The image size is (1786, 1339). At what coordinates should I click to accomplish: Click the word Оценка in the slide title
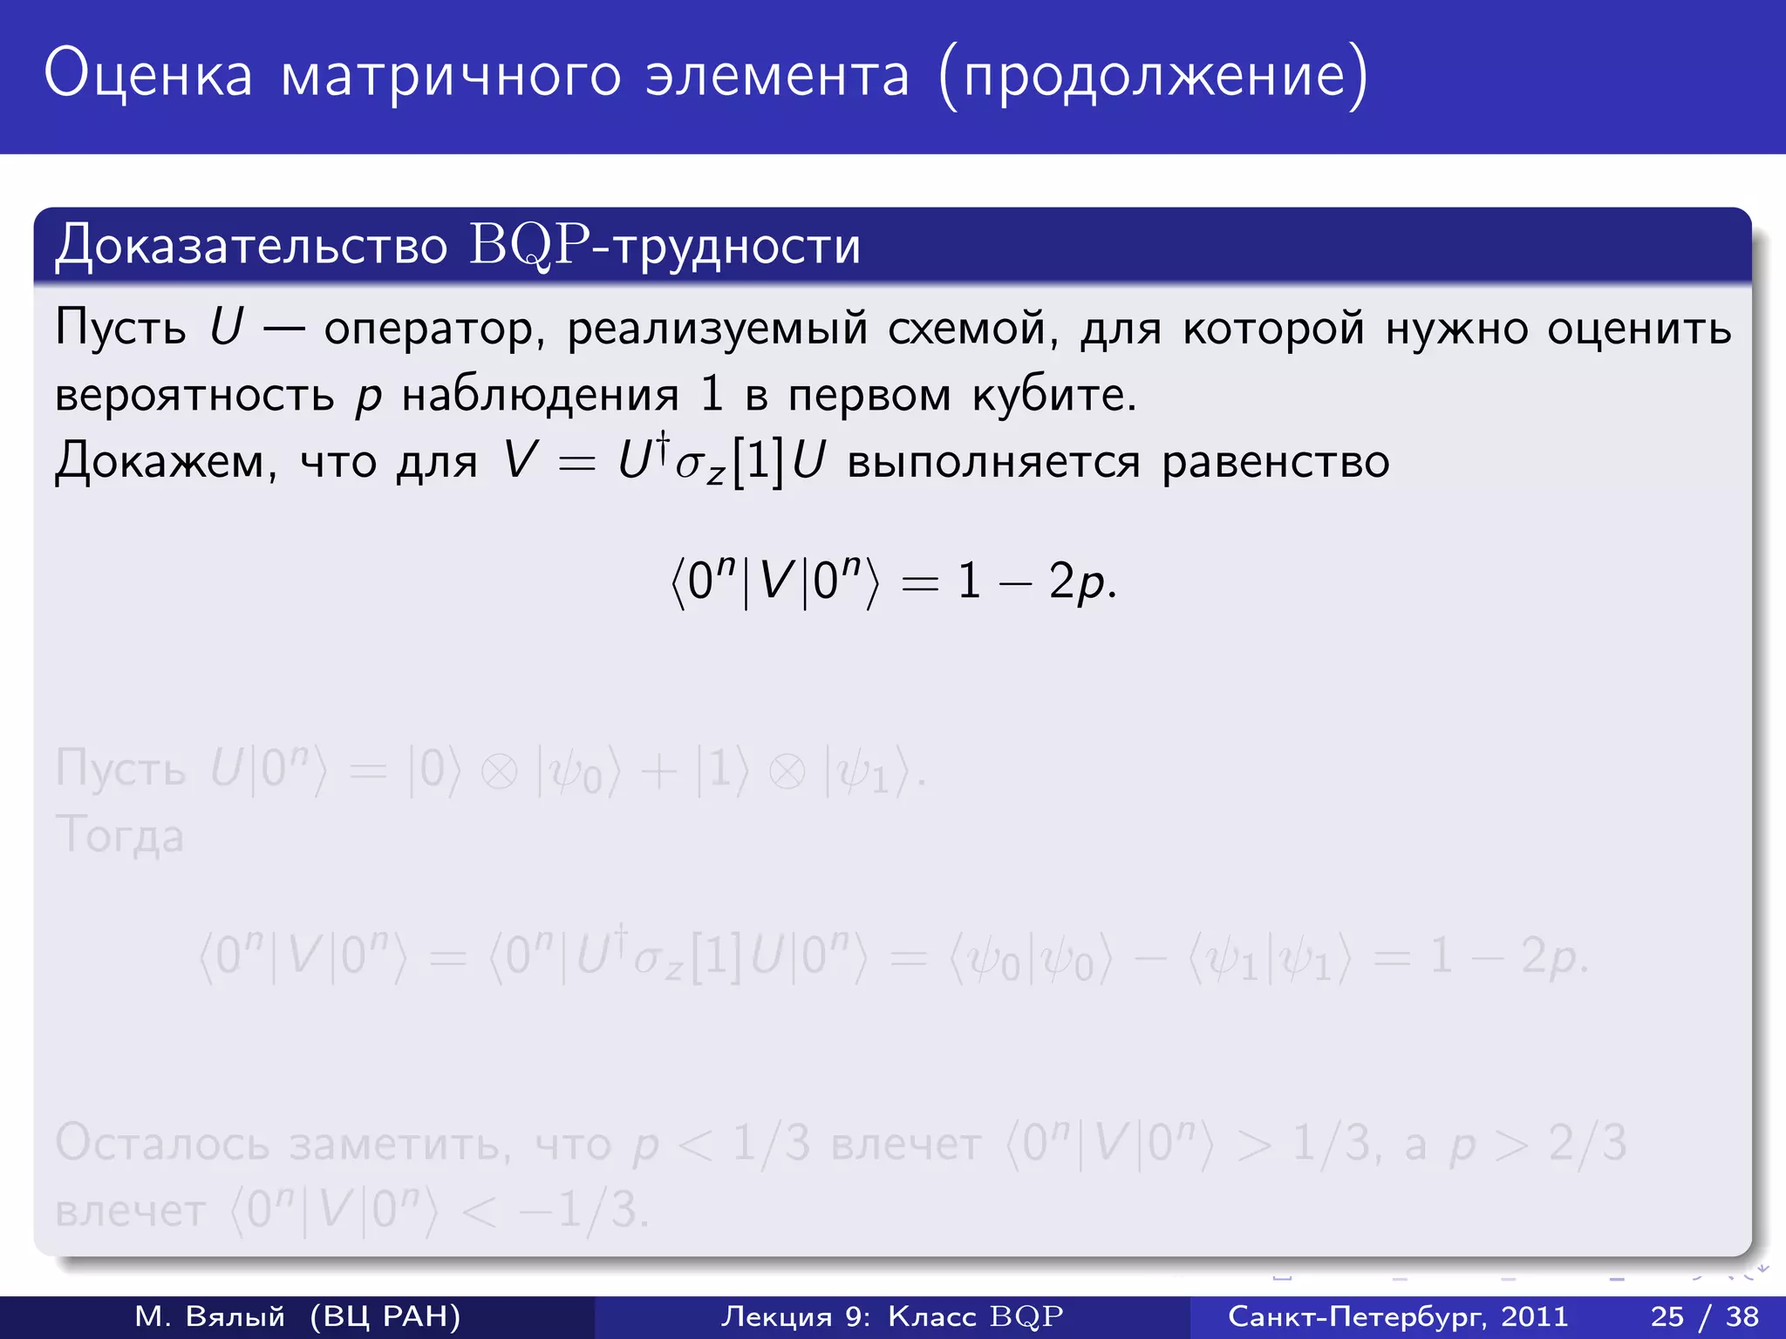pyautogui.click(x=148, y=75)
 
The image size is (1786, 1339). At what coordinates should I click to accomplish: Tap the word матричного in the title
pyautogui.click(x=451, y=77)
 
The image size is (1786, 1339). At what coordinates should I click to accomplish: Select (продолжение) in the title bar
pyautogui.click(x=1154, y=77)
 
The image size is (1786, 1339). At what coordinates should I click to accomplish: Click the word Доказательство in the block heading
pyautogui.click(x=251, y=246)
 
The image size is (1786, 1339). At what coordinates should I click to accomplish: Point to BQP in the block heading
pyautogui.click(x=529, y=246)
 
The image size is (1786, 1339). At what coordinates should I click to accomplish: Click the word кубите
pyautogui.click(x=1054, y=395)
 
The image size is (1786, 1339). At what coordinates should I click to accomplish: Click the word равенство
pyautogui.click(x=1275, y=460)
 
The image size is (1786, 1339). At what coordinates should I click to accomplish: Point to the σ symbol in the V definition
pyautogui.click(x=689, y=464)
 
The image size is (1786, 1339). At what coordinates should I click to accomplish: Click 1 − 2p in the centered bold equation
pyautogui.click(x=1036, y=581)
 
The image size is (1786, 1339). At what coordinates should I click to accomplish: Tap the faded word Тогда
pyautogui.click(x=119, y=835)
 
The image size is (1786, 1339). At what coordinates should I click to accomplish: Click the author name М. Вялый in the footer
pyautogui.click(x=209, y=1316)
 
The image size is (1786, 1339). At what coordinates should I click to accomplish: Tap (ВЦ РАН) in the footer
pyautogui.click(x=385, y=1316)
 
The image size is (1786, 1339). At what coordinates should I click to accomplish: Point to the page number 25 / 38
pyautogui.click(x=1704, y=1316)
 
